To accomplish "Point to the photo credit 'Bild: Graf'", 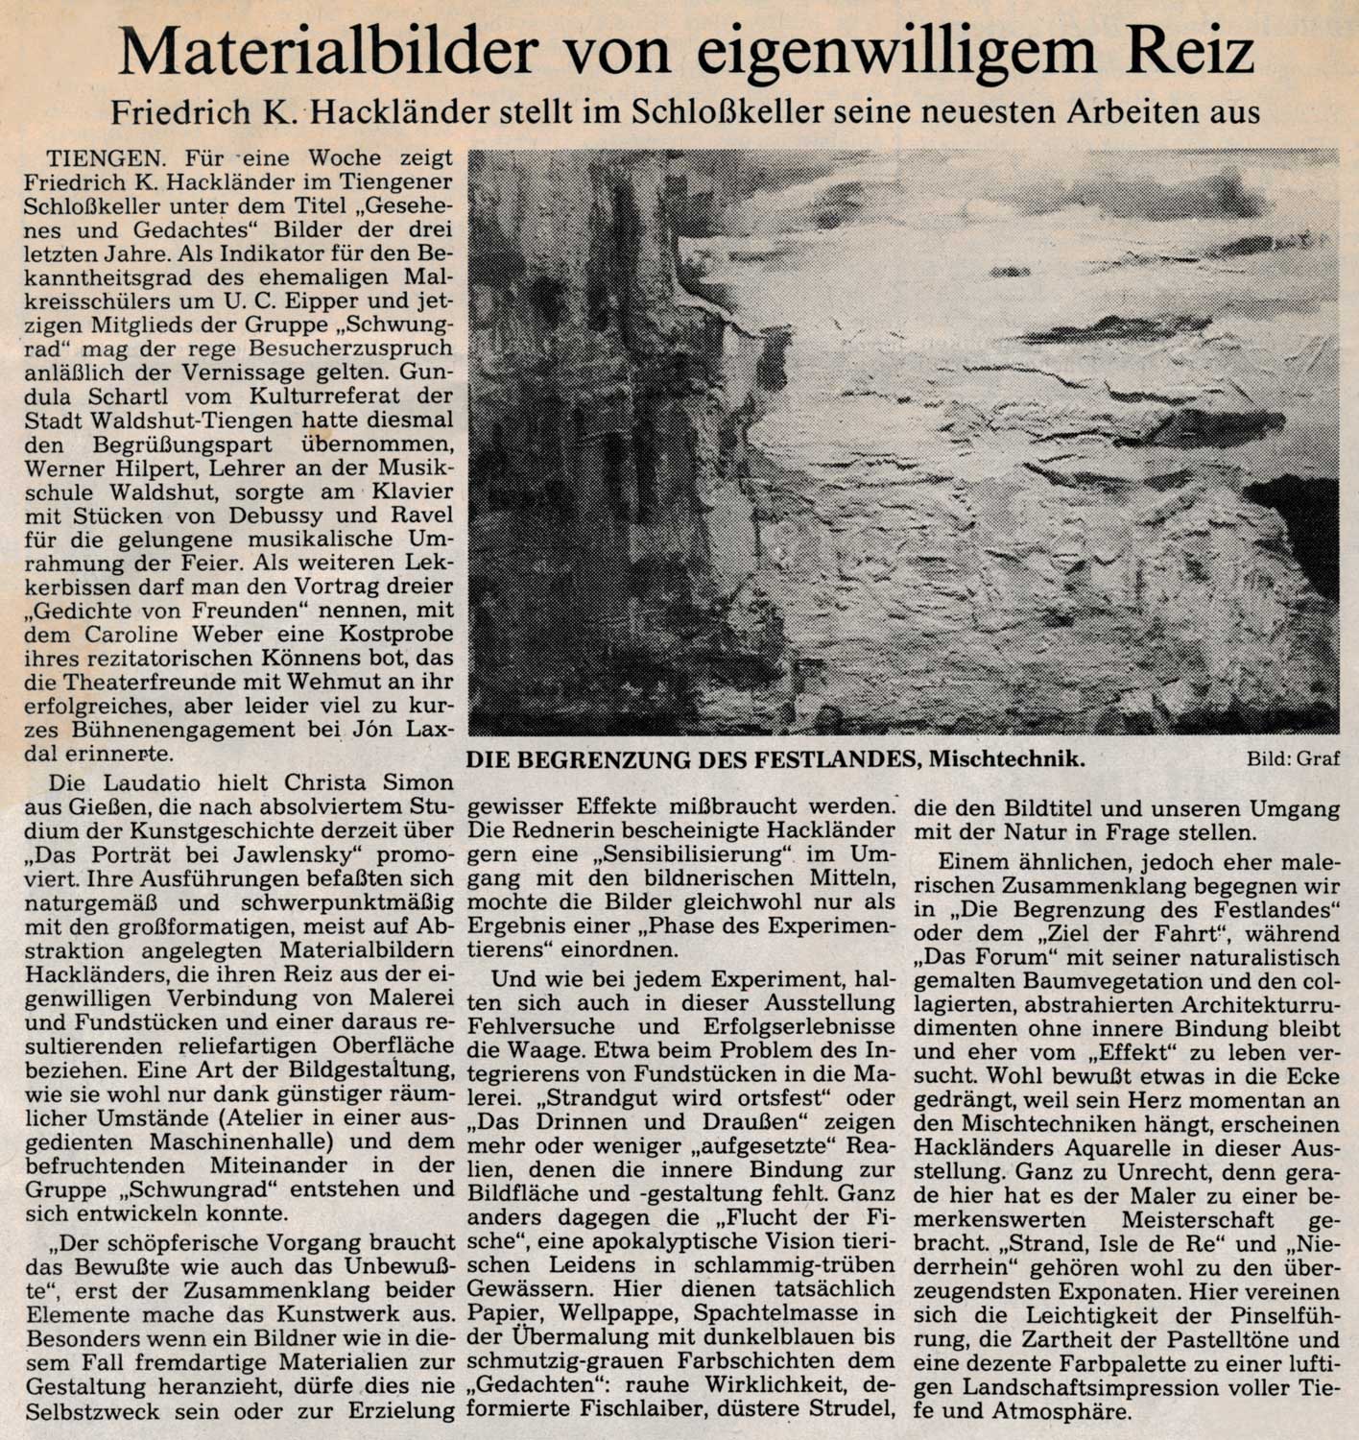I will coord(1293,759).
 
